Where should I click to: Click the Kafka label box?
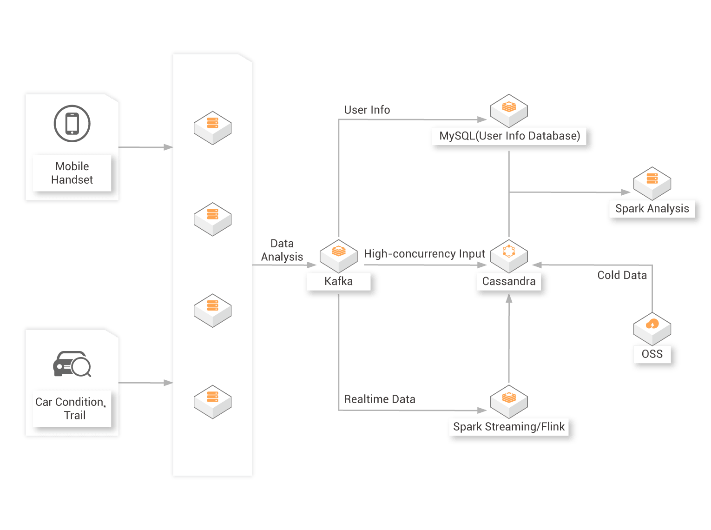click(x=339, y=282)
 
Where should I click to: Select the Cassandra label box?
click(x=509, y=282)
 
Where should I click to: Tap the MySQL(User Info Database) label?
click(x=510, y=136)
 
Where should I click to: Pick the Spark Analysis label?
click(x=652, y=209)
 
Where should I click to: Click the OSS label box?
click(x=652, y=354)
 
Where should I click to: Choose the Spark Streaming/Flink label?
click(x=509, y=427)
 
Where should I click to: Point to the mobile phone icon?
click(x=72, y=124)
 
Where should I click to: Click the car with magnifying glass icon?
click(x=72, y=364)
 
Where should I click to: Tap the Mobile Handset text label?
click(x=72, y=173)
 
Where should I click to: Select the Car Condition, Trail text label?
click(x=72, y=409)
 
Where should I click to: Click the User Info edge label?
click(x=367, y=110)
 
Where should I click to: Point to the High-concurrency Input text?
click(x=424, y=254)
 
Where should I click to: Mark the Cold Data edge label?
click(x=622, y=275)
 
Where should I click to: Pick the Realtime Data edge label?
click(x=380, y=399)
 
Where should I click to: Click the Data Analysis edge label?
click(x=282, y=250)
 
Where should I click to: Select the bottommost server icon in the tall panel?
click(x=213, y=402)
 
